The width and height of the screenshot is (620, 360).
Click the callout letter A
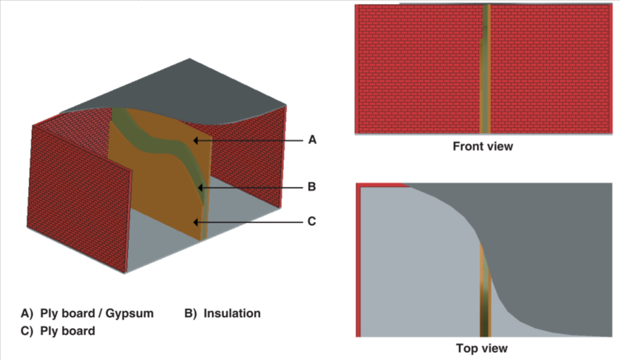312,140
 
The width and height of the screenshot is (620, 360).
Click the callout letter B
312,187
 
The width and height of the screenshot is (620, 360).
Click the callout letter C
312,221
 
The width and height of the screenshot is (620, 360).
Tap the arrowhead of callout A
195,140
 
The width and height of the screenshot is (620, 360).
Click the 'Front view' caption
483,146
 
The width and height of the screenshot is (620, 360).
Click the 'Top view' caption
483,348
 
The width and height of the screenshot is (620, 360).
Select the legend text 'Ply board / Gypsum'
96,313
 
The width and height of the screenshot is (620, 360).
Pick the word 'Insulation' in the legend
232,313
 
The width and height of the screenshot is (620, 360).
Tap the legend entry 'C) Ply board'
58,331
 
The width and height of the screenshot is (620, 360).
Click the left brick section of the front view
417,69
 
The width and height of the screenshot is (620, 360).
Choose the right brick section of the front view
550,69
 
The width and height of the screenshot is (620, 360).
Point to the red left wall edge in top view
358,260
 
